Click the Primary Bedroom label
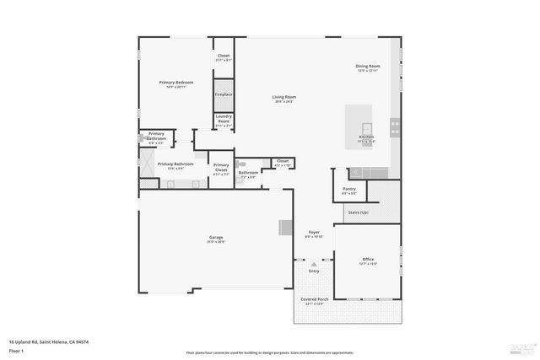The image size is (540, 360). [176, 82]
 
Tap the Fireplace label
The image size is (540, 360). [224, 94]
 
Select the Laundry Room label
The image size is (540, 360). [224, 119]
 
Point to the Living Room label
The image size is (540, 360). [283, 97]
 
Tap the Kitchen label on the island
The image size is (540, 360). [366, 137]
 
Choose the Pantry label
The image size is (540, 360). [348, 189]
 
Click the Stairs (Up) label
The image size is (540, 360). [358, 212]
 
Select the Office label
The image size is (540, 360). [368, 260]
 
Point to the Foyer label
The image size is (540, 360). [313, 233]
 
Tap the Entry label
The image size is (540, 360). [314, 271]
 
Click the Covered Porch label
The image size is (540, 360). [314, 300]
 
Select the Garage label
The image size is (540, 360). [216, 239]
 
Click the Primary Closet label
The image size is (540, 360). [220, 167]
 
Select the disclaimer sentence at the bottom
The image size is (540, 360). [270, 352]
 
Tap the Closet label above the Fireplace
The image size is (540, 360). [224, 56]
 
